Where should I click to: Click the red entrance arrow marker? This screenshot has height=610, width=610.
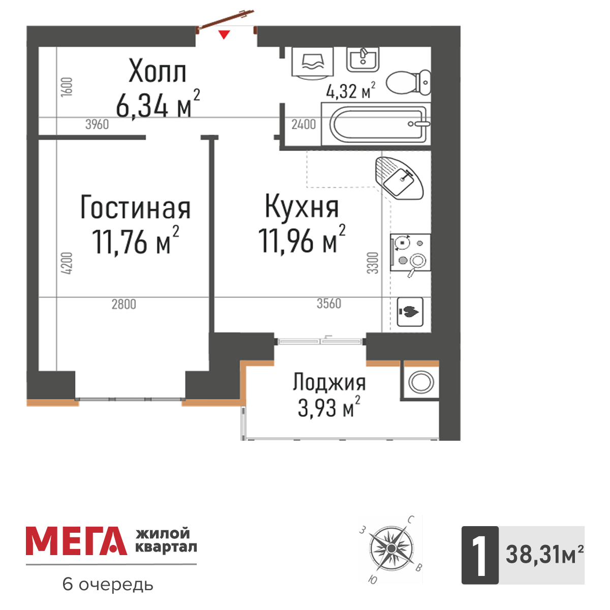point(224,35)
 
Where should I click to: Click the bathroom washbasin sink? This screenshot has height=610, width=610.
point(362,59)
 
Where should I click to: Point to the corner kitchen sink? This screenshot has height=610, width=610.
point(400,177)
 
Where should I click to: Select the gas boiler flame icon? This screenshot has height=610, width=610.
point(410,311)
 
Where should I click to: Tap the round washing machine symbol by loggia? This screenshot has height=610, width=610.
point(421,381)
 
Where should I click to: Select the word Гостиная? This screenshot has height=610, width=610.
point(135,208)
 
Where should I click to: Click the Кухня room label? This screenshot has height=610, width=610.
point(301,206)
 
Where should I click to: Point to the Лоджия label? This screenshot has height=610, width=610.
point(329,382)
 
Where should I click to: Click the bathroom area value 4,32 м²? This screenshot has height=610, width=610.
point(351,91)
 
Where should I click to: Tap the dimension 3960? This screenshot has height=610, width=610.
point(97,124)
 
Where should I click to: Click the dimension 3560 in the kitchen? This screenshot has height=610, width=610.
point(329,304)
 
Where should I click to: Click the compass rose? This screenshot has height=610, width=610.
point(390,549)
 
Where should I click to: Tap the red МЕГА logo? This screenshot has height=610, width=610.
point(76,541)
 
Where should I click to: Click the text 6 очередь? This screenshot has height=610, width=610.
point(108,585)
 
